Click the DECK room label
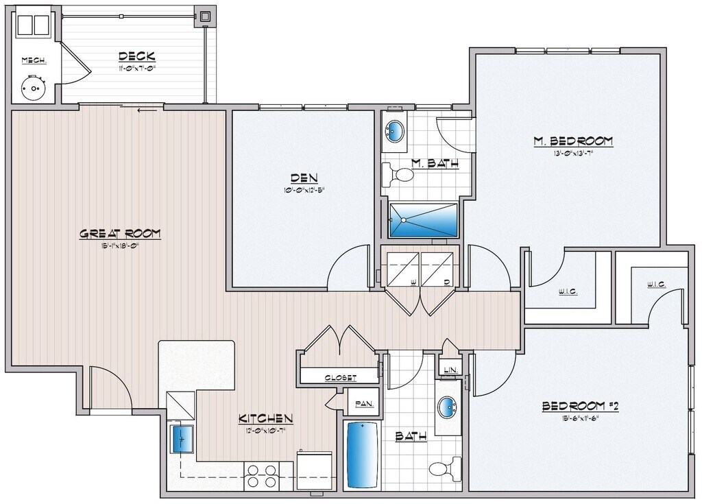point(137,56)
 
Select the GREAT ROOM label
point(120,234)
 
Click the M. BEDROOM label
point(572,141)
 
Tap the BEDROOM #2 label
point(580,406)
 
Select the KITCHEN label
point(266,418)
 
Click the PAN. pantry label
point(363,405)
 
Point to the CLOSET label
point(341,377)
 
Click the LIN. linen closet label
point(450,370)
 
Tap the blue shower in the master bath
point(423,219)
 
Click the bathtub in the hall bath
point(362,455)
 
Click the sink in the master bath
point(395,131)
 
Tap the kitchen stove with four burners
point(263,476)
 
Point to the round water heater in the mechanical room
point(31,88)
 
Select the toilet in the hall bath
point(444,470)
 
